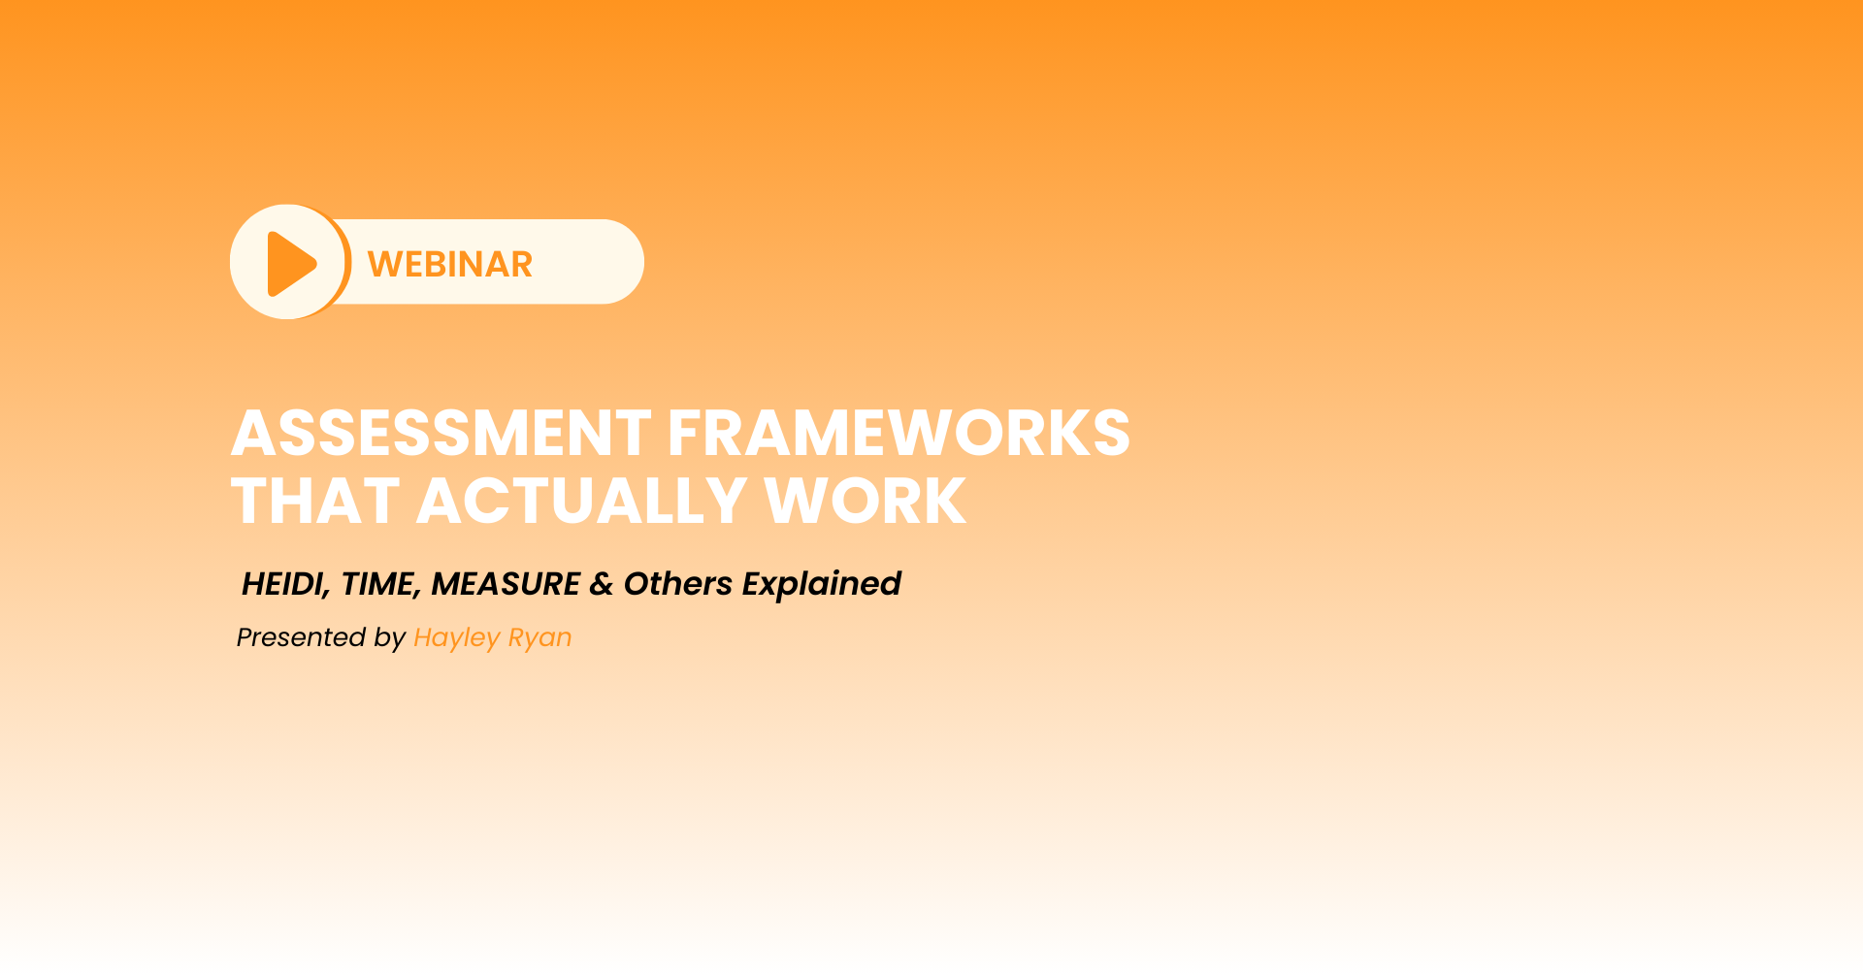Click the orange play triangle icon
click(x=290, y=263)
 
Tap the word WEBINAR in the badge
click(x=450, y=264)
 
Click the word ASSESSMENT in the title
click(x=441, y=433)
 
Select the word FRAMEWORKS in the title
click(x=899, y=433)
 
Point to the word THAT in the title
click(x=315, y=502)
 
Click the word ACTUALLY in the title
click(x=581, y=502)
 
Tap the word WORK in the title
click(x=866, y=502)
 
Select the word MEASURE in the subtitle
click(x=506, y=584)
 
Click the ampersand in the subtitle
click(x=602, y=584)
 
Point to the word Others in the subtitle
click(x=678, y=584)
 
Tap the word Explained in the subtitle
click(x=822, y=585)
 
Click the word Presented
click(x=302, y=637)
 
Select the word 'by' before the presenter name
click(x=390, y=638)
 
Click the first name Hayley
click(x=457, y=638)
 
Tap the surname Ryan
click(x=540, y=638)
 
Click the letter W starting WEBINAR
click(x=384, y=264)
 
